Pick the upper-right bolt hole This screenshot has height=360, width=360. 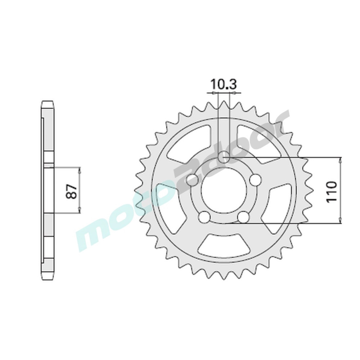tap(255, 179)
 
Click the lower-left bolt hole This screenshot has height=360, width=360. tap(204, 217)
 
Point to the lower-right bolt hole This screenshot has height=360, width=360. tap(243, 217)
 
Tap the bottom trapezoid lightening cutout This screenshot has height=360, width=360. tap(224, 246)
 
